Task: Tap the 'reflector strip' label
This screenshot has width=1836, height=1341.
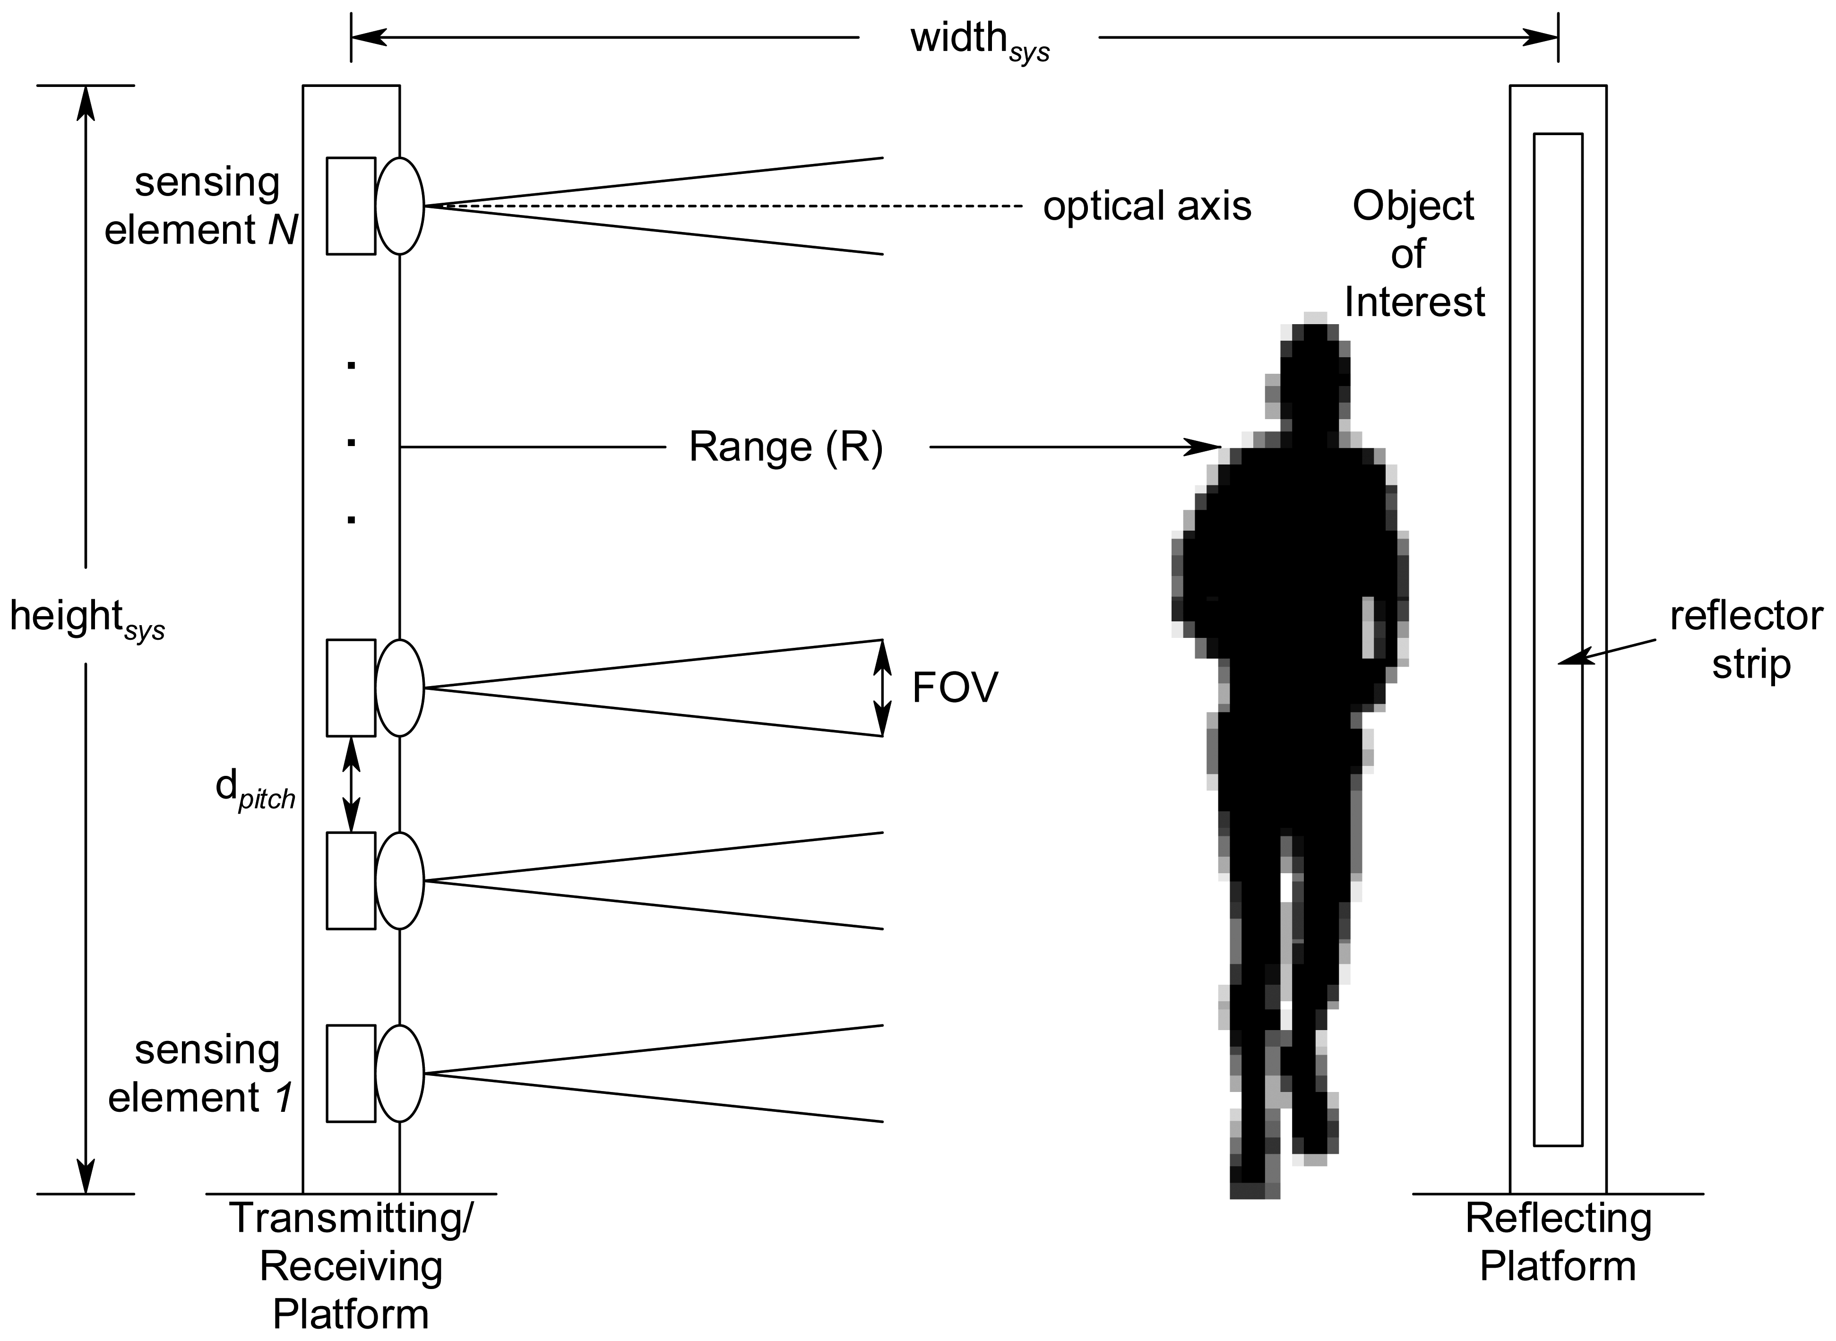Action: coord(1745,640)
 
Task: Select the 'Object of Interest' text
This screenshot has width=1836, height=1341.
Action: coord(1414,254)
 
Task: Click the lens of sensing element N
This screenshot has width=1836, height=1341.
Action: coord(399,206)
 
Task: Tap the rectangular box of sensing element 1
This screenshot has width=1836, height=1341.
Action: coord(351,1073)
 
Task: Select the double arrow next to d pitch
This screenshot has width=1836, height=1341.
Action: coord(351,784)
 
